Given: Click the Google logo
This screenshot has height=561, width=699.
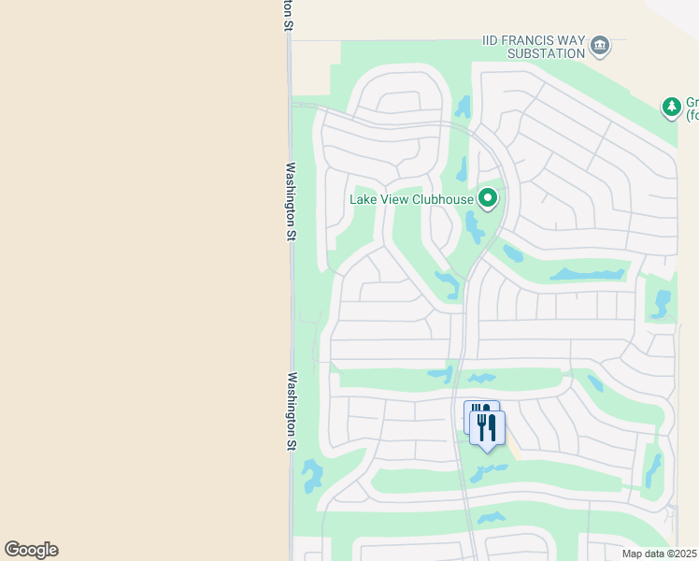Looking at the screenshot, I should (x=31, y=550).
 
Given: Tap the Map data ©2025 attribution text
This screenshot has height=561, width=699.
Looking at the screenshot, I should (x=658, y=554).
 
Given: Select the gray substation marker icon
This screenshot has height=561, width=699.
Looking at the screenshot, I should (x=600, y=45).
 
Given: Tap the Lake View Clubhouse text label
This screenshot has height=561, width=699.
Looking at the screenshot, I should (x=410, y=199).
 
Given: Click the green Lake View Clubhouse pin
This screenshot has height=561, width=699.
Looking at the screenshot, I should (x=487, y=198).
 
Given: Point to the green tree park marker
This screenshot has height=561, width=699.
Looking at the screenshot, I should (x=671, y=108).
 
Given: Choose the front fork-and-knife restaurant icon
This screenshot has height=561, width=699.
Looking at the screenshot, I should (x=487, y=427).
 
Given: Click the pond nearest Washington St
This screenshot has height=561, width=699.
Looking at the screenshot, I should (x=311, y=476).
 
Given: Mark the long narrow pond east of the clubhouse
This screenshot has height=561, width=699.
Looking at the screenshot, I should (x=587, y=275).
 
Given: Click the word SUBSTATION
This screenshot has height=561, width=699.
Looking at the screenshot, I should (x=546, y=53).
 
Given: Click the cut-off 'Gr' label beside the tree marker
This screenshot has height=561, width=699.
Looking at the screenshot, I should (x=692, y=103).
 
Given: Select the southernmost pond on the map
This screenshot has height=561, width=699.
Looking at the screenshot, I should (x=491, y=517).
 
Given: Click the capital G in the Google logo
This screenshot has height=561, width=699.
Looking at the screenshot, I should (x=11, y=550).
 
